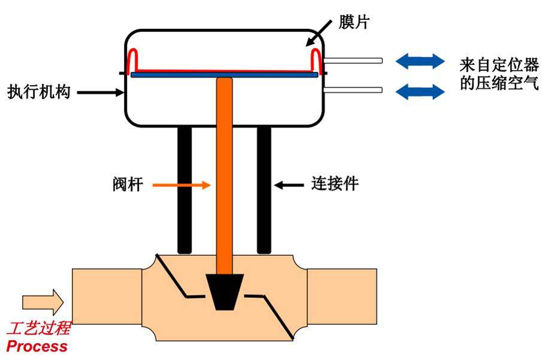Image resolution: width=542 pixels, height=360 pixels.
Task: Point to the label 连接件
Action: tap(335, 184)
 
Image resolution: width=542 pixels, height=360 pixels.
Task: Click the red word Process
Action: tap(37, 346)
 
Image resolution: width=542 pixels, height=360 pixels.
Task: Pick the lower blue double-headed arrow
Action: tap(420, 91)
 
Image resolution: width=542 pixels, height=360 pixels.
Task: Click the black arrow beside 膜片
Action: tap(320, 32)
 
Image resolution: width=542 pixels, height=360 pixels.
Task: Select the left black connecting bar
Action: tap(184, 190)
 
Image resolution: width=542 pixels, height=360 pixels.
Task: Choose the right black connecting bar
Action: tap(265, 190)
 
